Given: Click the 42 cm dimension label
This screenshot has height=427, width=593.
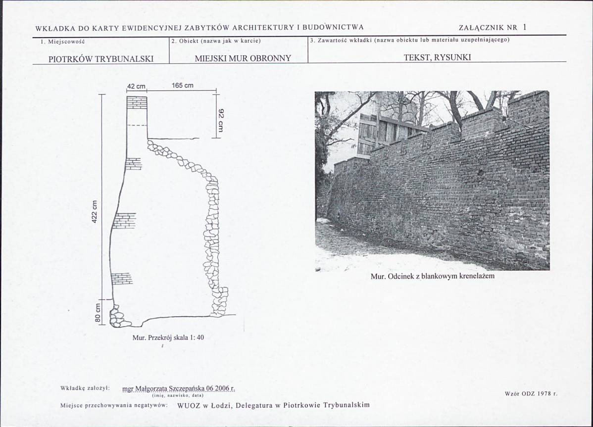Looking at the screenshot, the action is pyautogui.click(x=136, y=86).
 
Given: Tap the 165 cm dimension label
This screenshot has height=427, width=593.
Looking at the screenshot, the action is pyautogui.click(x=182, y=86).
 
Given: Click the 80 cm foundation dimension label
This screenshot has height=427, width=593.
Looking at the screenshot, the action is pyautogui.click(x=98, y=313).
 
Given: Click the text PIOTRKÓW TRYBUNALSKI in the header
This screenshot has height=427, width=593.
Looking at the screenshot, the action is pyautogui.click(x=101, y=59).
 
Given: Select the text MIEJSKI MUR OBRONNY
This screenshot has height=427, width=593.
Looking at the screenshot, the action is pyautogui.click(x=243, y=58).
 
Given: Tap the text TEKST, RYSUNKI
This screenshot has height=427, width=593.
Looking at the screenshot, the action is pyautogui.click(x=437, y=57).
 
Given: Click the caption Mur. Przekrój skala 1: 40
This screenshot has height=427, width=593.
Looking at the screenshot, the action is pyautogui.click(x=168, y=337).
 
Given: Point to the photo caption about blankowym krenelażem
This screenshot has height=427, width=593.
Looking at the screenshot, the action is pyautogui.click(x=432, y=276).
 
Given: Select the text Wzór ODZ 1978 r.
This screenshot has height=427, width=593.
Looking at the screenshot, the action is pyautogui.click(x=531, y=393).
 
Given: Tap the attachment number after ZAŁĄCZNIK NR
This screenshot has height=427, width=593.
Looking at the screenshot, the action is pyautogui.click(x=525, y=27).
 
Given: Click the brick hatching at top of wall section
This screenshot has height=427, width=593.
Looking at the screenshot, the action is pyautogui.click(x=137, y=102).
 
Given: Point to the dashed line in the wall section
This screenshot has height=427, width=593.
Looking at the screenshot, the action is pyautogui.click(x=137, y=125).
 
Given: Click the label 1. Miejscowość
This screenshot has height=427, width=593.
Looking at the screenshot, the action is pyautogui.click(x=63, y=42).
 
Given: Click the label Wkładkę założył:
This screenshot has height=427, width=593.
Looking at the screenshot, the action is pyautogui.click(x=85, y=388).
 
